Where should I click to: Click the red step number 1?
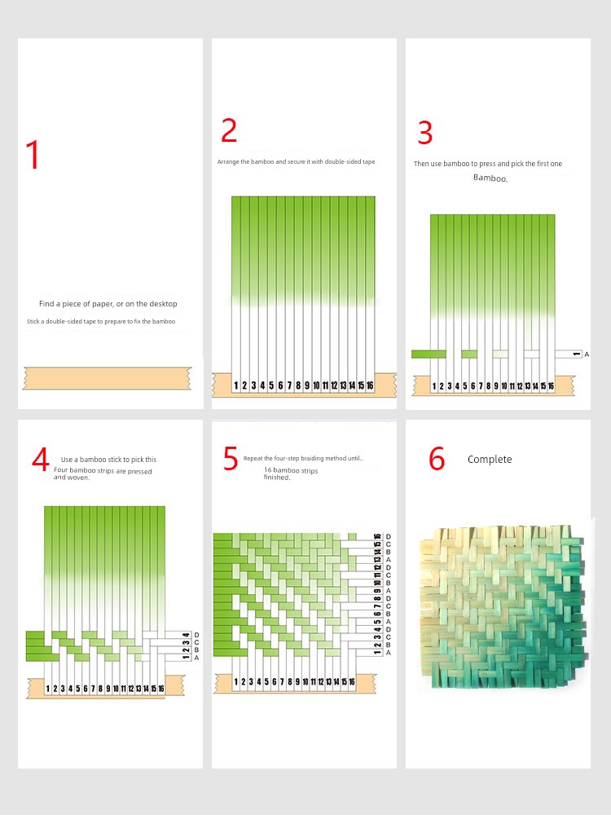click(x=33, y=154)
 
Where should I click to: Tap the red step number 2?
click(x=229, y=130)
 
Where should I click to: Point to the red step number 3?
click(x=425, y=133)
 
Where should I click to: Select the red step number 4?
click(x=41, y=460)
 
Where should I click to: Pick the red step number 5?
click(x=231, y=458)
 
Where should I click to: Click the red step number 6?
click(x=437, y=459)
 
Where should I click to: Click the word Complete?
click(x=490, y=460)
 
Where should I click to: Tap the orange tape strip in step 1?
click(x=107, y=378)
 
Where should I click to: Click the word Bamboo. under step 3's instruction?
click(x=490, y=178)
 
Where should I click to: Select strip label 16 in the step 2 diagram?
click(x=370, y=385)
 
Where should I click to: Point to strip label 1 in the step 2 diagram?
click(x=236, y=385)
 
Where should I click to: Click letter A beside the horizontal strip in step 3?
click(x=587, y=355)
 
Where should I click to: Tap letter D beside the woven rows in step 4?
click(x=196, y=635)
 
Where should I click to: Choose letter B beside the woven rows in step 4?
click(x=196, y=650)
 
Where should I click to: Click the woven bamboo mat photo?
click(x=504, y=606)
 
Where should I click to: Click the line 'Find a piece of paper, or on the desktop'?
click(x=108, y=303)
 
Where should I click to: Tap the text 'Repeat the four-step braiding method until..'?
click(x=303, y=458)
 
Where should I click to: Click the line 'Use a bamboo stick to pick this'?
click(x=108, y=460)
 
